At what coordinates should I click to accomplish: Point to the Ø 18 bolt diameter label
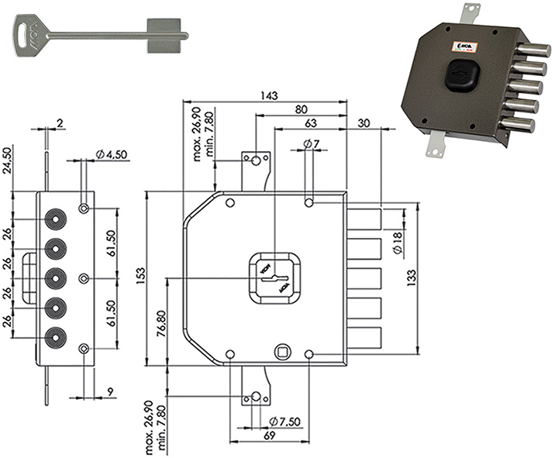point(397,245)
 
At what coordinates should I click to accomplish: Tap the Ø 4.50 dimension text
point(112,155)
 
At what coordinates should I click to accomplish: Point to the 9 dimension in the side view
point(111,391)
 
